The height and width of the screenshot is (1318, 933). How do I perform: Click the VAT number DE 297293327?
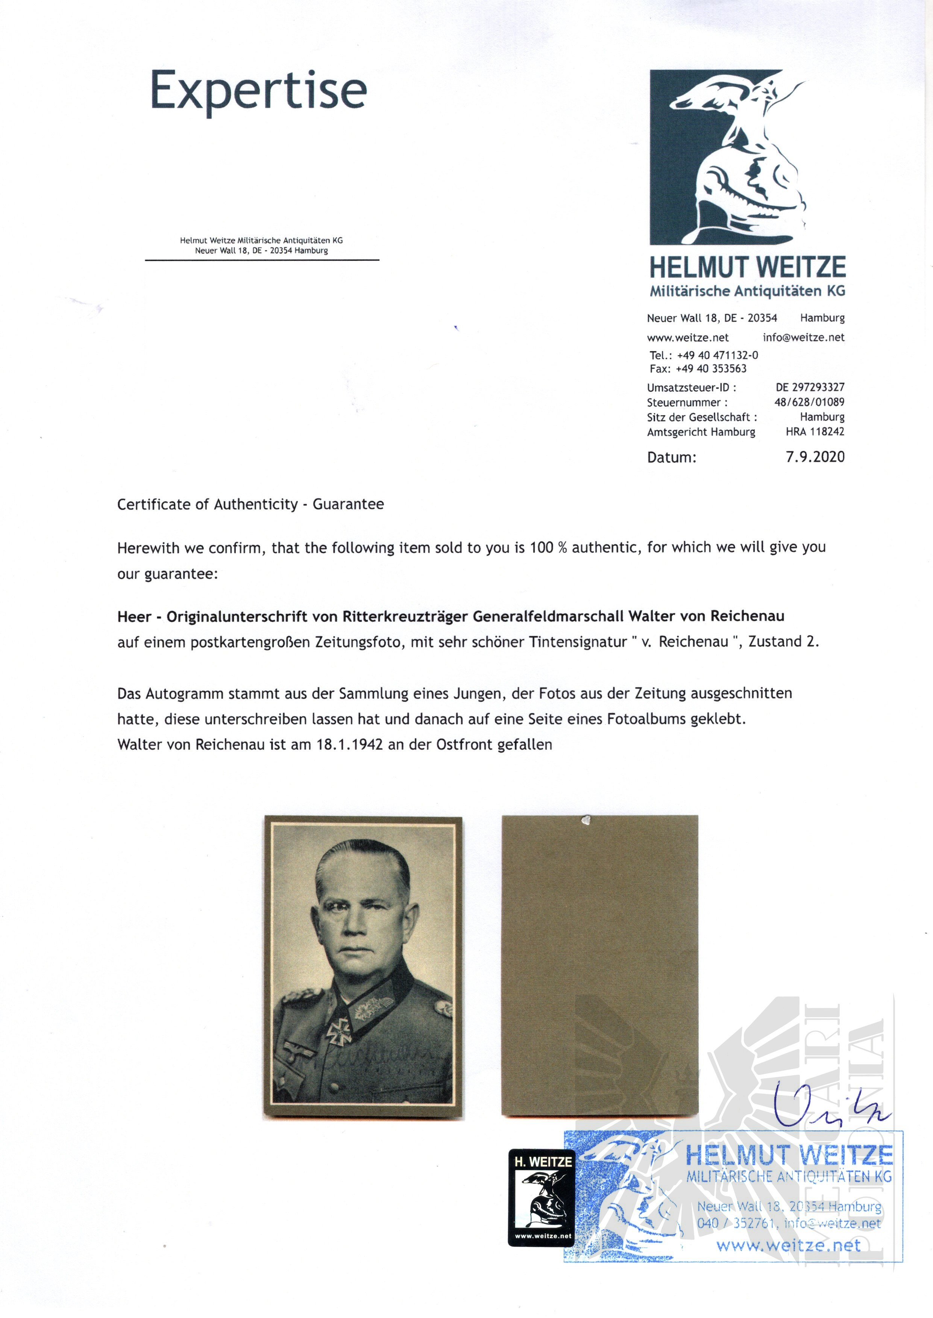pos(810,388)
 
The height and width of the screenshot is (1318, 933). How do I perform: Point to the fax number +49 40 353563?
pos(711,369)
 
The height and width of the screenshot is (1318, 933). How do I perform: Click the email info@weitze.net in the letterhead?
pos(803,338)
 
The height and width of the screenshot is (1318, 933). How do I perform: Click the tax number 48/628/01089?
pos(809,403)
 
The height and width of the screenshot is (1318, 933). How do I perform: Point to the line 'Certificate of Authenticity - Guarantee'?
pos(250,504)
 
